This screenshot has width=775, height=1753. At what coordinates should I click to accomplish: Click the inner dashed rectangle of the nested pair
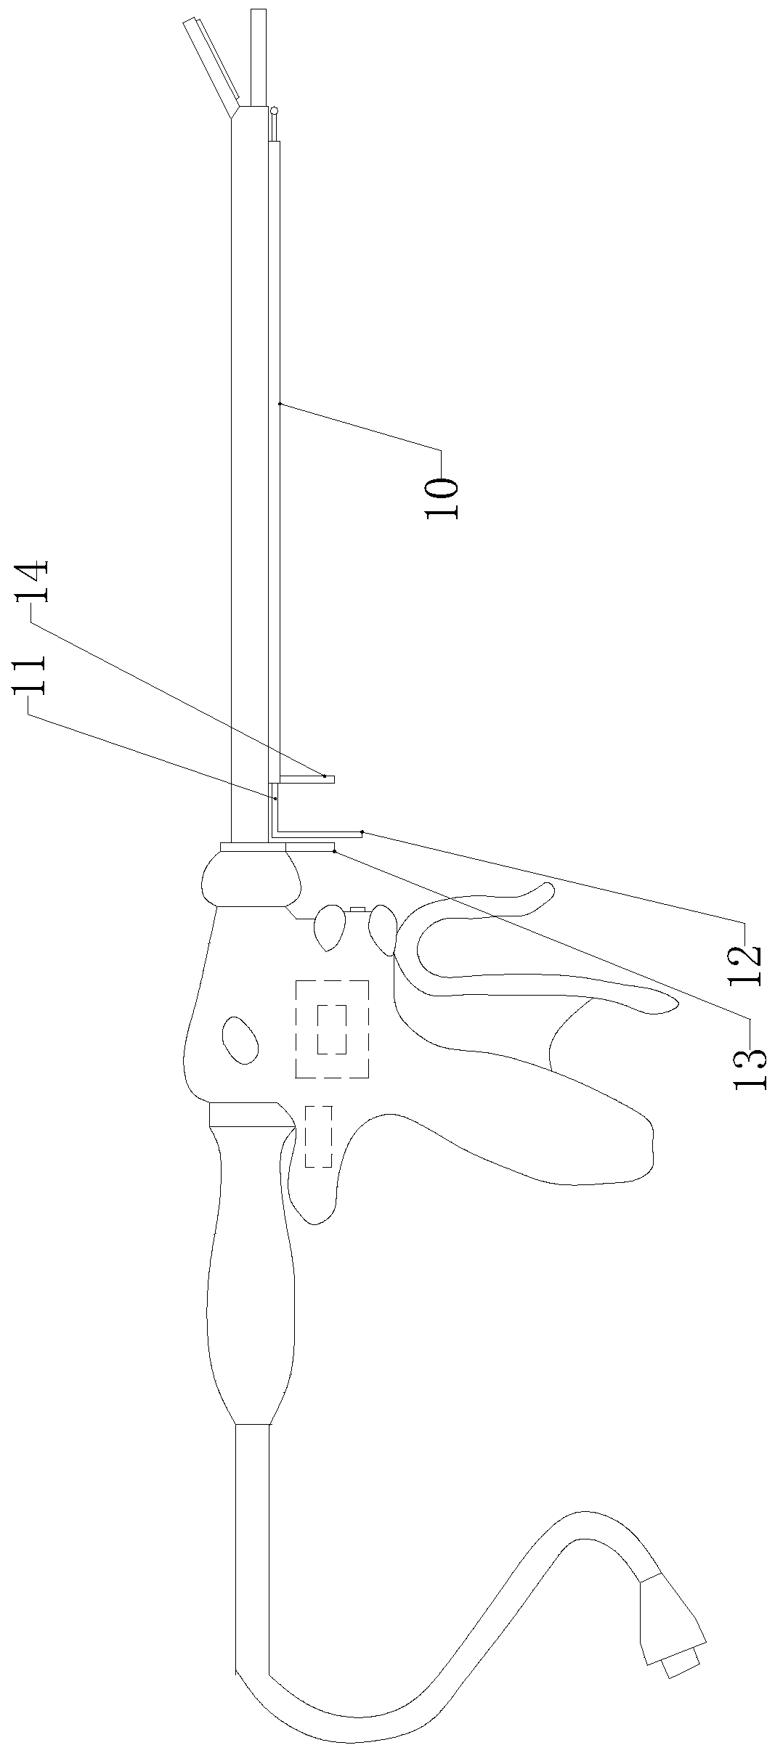[332, 1030]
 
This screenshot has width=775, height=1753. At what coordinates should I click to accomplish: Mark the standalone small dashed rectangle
[318, 1136]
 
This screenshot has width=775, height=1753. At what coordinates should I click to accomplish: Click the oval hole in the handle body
[240, 1039]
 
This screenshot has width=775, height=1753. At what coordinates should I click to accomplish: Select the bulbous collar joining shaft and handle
[251, 879]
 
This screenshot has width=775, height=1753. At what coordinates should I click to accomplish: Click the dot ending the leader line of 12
[362, 831]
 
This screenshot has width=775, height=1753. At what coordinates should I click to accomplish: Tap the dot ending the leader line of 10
[280, 403]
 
